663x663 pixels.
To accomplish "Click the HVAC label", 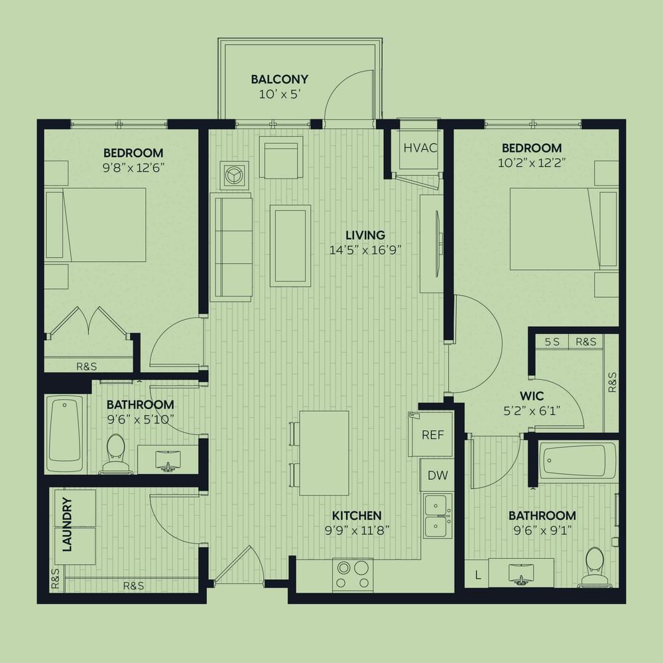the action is (x=420, y=148).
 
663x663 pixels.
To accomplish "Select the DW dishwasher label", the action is (x=437, y=475).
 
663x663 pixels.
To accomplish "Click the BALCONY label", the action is (x=280, y=79).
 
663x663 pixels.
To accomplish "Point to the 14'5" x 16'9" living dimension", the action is (x=365, y=250).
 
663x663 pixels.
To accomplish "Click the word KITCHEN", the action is (x=357, y=515).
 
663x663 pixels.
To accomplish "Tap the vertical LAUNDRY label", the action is (x=67, y=524).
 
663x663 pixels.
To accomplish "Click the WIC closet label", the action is (x=532, y=396).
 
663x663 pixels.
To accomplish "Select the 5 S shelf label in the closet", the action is (x=552, y=341).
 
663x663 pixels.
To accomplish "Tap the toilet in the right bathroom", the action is (x=595, y=567).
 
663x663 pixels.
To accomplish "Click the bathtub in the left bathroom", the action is (x=64, y=434).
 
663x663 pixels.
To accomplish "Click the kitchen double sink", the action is (x=438, y=515).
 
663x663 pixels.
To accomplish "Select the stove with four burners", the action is (x=353, y=575).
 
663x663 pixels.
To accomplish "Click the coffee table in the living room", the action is (x=290, y=246).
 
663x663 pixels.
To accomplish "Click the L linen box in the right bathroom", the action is (x=477, y=574).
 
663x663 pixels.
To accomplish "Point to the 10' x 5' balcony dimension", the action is (x=280, y=94).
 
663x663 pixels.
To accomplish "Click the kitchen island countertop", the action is (x=324, y=453).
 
